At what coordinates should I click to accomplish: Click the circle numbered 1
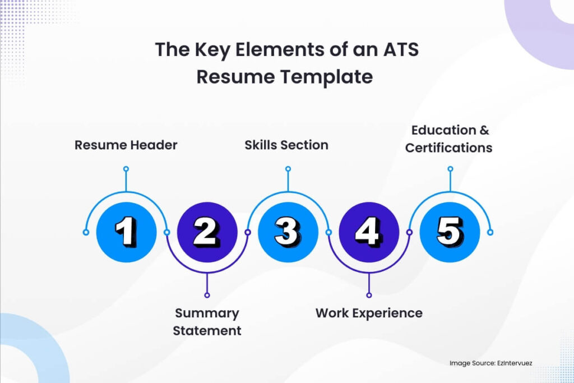126,232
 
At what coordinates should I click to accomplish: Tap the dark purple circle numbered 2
207,232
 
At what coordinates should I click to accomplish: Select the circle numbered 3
288,232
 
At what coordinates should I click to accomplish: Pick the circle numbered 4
369,232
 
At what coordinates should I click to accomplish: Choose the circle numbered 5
450,232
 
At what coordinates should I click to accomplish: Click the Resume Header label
126,145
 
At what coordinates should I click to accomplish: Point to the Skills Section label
286,145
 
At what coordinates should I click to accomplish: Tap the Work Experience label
369,313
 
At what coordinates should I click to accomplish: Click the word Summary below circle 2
207,313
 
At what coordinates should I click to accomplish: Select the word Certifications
449,148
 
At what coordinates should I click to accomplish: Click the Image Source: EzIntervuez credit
490,363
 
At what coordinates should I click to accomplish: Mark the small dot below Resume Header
126,168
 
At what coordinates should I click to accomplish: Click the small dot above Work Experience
369,294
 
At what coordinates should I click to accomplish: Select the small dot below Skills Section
288,168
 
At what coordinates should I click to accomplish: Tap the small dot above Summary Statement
207,294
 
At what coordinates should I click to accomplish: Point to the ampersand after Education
484,130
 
